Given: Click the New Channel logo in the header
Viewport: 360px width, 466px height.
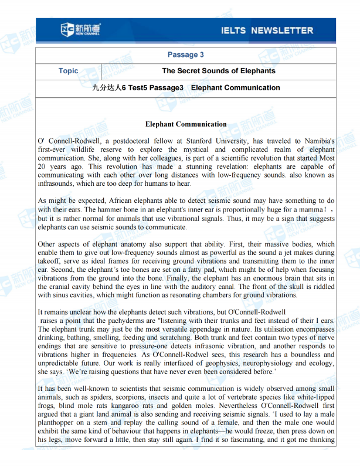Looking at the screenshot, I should pos(80,29).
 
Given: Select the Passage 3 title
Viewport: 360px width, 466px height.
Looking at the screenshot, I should pos(185,55).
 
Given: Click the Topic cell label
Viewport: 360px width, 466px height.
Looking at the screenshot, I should pos(68,71).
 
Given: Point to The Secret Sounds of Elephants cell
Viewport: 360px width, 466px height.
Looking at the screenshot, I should pos(218,71).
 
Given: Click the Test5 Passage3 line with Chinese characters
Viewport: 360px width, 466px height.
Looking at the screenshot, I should pos(186,88).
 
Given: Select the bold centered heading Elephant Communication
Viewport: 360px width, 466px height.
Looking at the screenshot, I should pos(185,124).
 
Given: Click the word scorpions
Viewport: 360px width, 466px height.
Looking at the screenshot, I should pos(121,397).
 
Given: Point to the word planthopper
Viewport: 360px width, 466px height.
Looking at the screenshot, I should pos(57,423).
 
